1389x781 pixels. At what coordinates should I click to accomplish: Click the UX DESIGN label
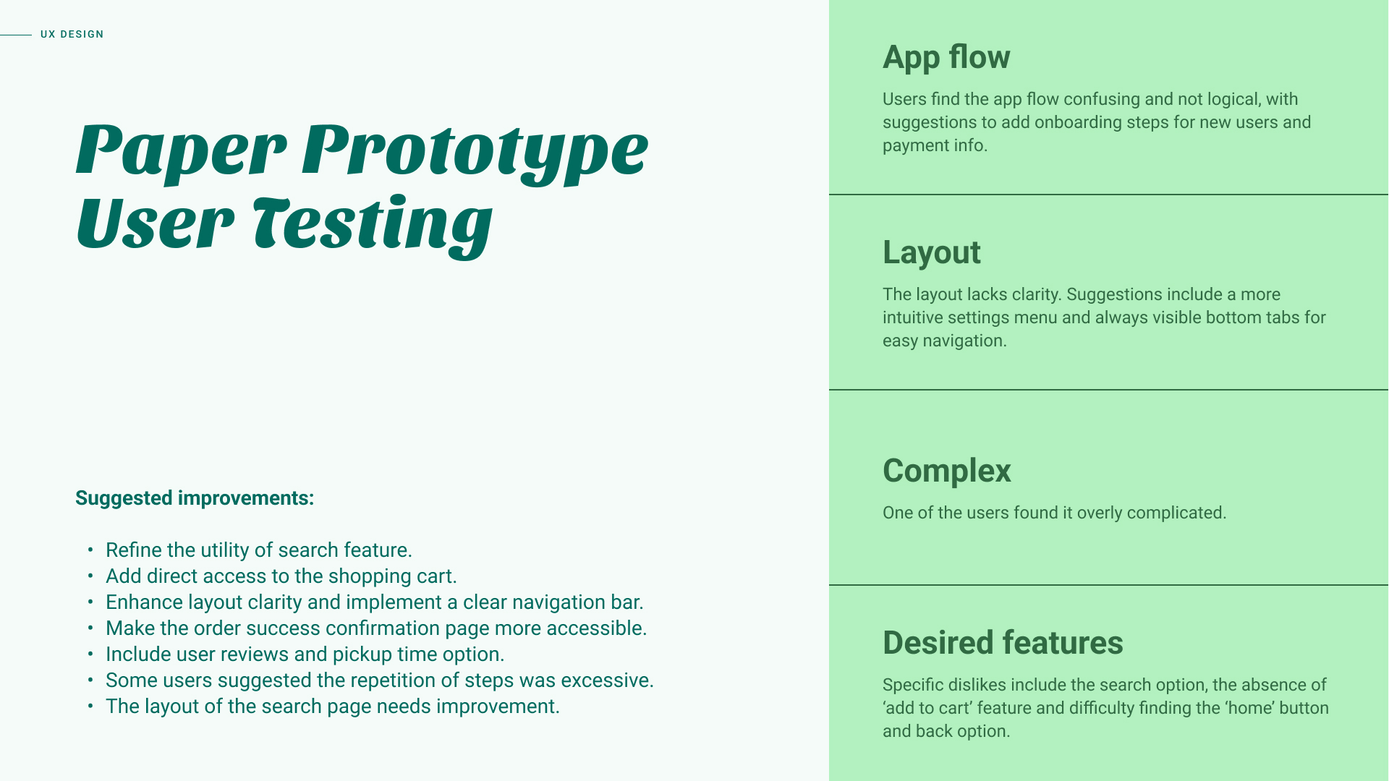click(x=72, y=34)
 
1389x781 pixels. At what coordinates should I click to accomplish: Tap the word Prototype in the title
click(x=475, y=152)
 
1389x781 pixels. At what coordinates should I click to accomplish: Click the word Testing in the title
click(x=373, y=226)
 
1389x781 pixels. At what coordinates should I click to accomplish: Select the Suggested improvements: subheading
click(x=195, y=498)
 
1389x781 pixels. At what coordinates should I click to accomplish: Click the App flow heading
click(x=946, y=57)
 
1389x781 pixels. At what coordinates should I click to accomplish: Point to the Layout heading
click(x=932, y=252)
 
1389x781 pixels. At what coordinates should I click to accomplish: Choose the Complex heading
click(x=947, y=471)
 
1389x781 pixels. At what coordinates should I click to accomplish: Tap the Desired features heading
click(x=1003, y=643)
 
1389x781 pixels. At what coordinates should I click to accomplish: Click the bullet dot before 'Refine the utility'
click(x=90, y=550)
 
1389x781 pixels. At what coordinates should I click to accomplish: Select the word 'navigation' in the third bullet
click(x=566, y=602)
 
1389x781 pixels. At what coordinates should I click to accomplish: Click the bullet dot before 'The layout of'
click(x=90, y=707)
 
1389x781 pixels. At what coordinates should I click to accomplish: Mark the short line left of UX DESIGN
click(x=16, y=35)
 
